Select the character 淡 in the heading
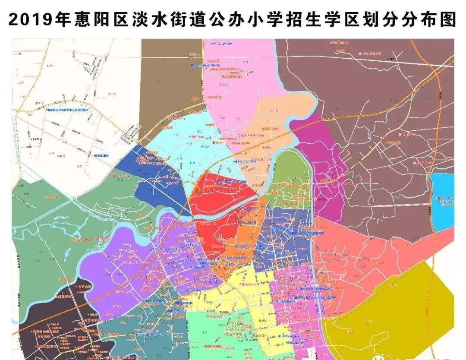click(139, 19)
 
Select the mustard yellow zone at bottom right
click(397, 311)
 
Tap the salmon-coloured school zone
click(367, 259)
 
